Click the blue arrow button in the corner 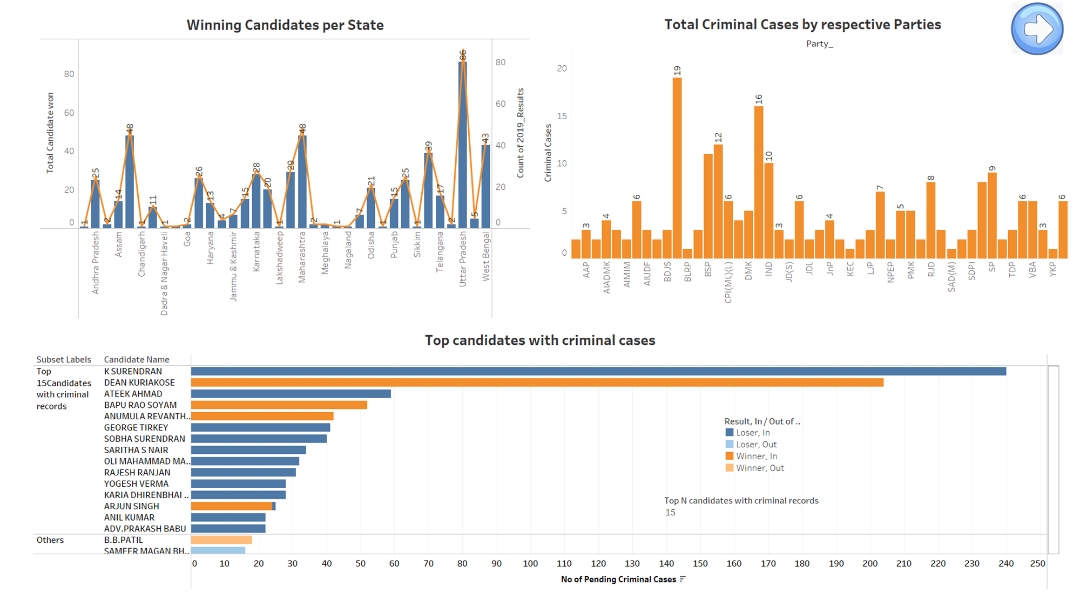point(1037,29)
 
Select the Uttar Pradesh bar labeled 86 point(463,146)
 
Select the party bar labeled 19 point(677,167)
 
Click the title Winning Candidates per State point(285,25)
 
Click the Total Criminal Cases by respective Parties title point(802,25)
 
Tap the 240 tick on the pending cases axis point(1005,563)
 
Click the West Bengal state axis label point(486,257)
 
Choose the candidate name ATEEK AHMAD point(133,394)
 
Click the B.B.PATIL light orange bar point(221,540)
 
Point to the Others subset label point(50,540)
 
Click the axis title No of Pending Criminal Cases point(618,579)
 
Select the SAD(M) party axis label point(951,277)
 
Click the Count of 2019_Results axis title point(521,133)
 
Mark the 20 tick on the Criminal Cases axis point(562,69)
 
